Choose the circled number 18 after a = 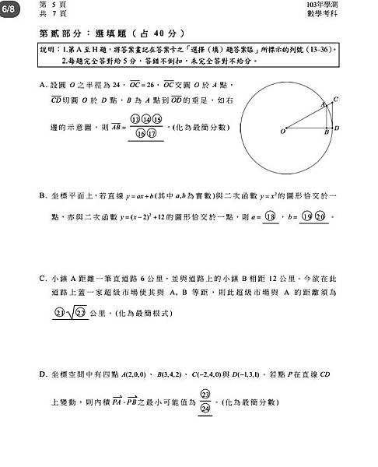point(271,217)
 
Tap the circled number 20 point(320,217)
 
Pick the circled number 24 point(206,408)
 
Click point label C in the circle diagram point(335,99)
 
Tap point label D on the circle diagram point(337,128)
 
